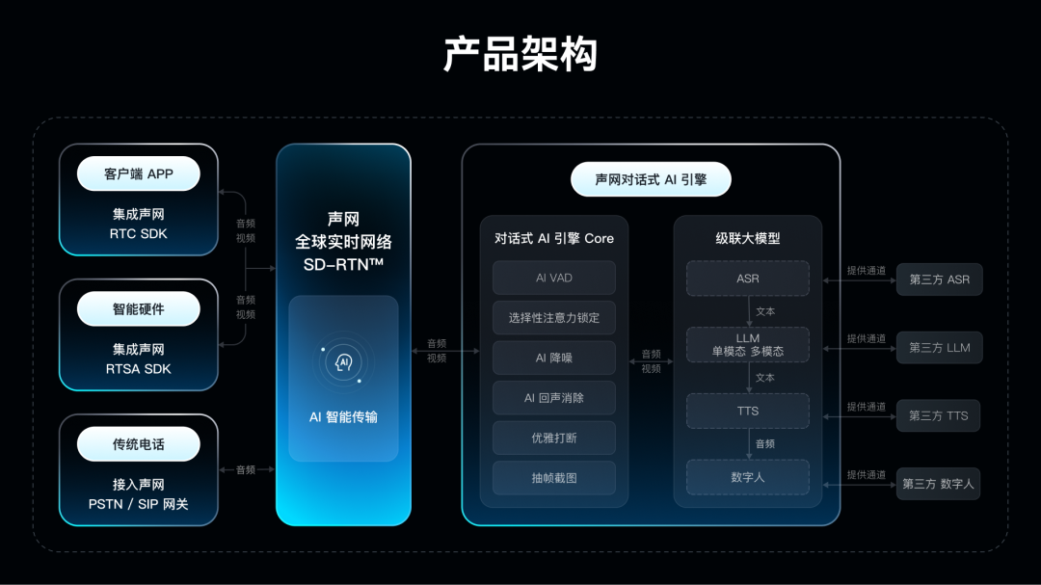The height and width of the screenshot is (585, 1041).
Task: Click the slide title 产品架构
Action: click(520, 55)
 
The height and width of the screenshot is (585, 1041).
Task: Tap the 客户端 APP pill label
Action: click(138, 174)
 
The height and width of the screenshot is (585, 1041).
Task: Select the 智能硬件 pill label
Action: click(138, 309)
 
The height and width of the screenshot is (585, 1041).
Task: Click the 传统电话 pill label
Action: click(138, 444)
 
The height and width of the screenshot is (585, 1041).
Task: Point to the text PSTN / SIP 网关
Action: click(138, 504)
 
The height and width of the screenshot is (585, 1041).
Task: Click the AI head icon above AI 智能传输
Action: click(343, 362)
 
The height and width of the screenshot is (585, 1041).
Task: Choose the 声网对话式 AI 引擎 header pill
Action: click(651, 179)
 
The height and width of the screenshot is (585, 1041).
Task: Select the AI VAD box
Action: click(554, 278)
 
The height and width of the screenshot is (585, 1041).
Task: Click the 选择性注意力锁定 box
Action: click(554, 317)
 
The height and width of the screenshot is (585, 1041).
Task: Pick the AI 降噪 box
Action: click(554, 358)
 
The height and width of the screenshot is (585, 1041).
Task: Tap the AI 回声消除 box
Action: click(554, 397)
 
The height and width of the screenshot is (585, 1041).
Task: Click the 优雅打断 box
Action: click(554, 438)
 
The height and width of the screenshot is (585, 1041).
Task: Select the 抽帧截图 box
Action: click(554, 477)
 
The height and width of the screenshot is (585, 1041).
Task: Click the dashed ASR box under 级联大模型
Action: click(747, 279)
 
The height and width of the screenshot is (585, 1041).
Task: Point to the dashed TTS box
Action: click(747, 411)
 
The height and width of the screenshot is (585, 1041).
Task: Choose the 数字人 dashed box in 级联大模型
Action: click(747, 477)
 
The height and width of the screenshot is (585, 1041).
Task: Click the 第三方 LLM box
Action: click(940, 348)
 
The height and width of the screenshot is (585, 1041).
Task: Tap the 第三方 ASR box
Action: click(940, 279)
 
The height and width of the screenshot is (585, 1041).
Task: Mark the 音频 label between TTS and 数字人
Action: click(765, 444)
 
